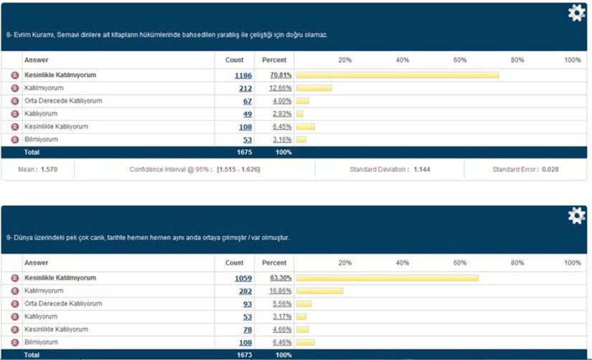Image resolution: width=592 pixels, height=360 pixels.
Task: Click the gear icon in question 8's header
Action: tap(576, 13)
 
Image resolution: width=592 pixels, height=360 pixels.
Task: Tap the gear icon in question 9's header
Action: tap(576, 216)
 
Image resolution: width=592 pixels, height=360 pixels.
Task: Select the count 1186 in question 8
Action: tap(243, 75)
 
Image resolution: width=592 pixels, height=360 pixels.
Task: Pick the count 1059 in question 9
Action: tap(243, 278)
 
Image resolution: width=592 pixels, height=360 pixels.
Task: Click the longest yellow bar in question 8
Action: tap(397, 75)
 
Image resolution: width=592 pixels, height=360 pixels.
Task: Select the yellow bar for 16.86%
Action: tap(320, 291)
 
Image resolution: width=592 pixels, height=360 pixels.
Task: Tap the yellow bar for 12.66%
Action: tap(314, 88)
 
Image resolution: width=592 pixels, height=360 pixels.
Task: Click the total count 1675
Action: tap(243, 153)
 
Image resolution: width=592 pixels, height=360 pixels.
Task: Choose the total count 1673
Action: tap(243, 355)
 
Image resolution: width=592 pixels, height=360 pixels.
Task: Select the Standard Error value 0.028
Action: tap(550, 170)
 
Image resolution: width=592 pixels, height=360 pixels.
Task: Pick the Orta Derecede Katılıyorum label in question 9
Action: tap(63, 304)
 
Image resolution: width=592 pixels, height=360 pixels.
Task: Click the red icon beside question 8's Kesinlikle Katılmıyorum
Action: tap(14, 75)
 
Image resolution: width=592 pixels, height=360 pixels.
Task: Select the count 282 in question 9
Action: tap(246, 291)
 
